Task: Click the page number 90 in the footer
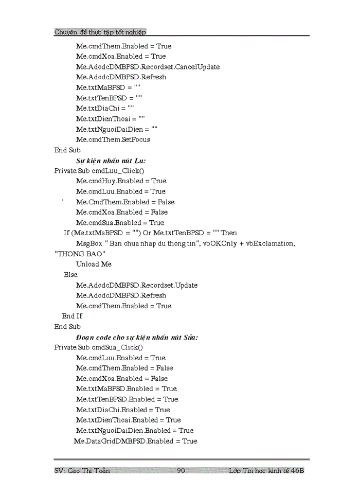tap(181, 470)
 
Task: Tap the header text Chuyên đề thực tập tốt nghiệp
tap(100, 32)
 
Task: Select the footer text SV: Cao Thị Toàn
tap(82, 470)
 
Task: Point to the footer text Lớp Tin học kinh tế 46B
tap(266, 470)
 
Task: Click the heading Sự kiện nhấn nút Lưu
tap(111, 161)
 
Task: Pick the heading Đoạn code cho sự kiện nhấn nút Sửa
tap(137, 337)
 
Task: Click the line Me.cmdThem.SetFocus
tap(113, 139)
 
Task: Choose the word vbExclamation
tap(271, 243)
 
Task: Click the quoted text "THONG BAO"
tap(80, 254)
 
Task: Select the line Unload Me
tap(94, 264)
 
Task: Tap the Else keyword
tap(70, 275)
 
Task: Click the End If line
tap(72, 316)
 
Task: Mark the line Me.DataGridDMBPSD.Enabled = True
tap(135, 441)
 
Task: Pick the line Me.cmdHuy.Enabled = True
tap(121, 181)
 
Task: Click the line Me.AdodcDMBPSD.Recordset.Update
tap(137, 285)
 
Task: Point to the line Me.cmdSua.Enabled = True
tap(120, 223)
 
